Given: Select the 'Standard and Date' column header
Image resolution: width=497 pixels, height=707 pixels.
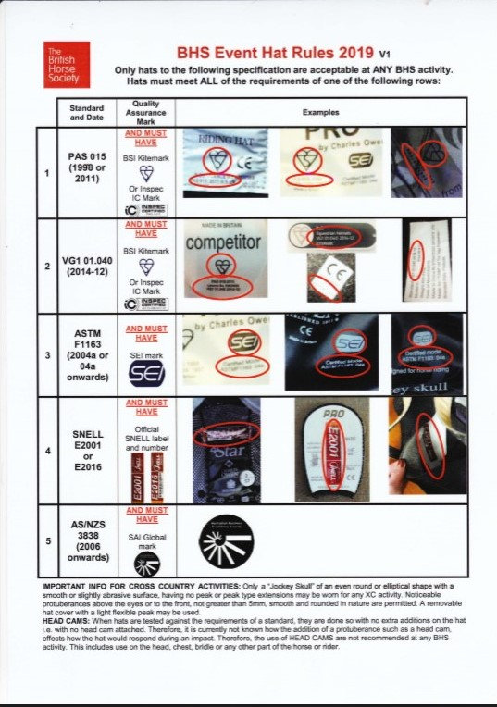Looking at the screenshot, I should click(x=86, y=112).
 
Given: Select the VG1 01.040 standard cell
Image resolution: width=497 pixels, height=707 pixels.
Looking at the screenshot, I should click(x=86, y=263).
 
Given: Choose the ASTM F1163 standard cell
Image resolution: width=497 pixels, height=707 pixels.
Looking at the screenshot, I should click(x=86, y=354).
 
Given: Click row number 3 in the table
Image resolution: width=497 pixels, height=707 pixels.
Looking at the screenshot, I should click(x=47, y=355).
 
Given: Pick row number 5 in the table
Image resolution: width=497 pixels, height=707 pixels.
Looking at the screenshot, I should click(x=47, y=540).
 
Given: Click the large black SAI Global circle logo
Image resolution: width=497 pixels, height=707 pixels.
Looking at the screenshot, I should click(x=225, y=540).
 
